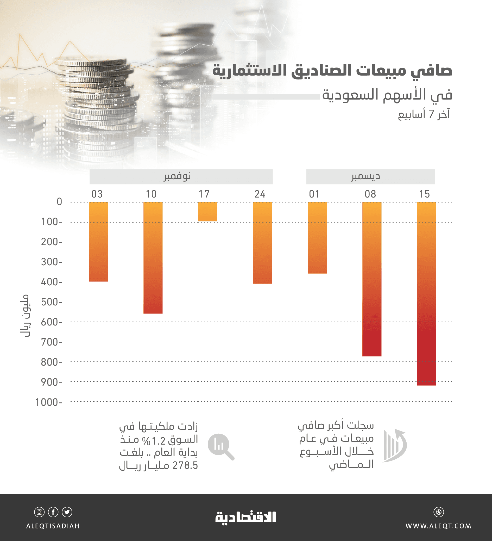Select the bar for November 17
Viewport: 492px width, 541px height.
[207, 212]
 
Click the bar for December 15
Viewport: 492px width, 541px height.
[426, 294]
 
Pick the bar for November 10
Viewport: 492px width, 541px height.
[153, 258]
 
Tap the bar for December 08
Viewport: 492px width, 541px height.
[372, 279]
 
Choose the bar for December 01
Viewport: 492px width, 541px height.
[317, 238]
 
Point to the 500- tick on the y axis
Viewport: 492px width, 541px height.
[52, 302]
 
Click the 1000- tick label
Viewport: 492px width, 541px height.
[48, 402]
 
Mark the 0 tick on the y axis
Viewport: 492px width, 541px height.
[59, 201]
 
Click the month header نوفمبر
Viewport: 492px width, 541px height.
[178, 176]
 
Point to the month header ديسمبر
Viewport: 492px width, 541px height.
[366, 176]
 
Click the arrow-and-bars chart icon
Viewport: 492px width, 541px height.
[395, 446]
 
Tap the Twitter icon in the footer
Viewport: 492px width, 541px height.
[67, 512]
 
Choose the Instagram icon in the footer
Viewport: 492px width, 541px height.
[39, 512]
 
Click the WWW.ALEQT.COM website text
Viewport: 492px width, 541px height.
[438, 526]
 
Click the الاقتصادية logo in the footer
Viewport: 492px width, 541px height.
[245, 517]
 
